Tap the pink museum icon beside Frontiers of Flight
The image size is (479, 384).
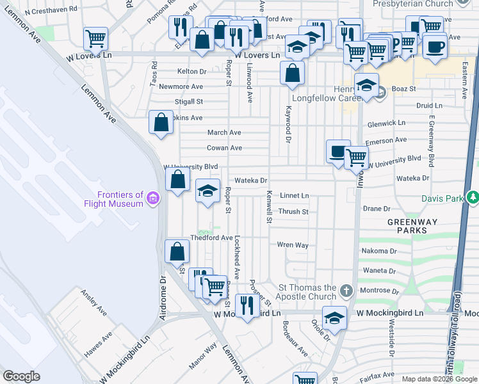[152, 199]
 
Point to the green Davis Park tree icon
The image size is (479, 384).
[473, 198]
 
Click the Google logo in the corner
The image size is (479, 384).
[20, 376]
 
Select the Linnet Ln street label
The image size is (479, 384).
[295, 195]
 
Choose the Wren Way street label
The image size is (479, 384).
[293, 244]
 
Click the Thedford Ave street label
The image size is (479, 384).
[211, 237]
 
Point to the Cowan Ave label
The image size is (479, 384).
[224, 148]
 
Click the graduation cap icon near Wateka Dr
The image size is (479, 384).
[207, 191]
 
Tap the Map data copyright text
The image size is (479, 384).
[439, 379]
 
